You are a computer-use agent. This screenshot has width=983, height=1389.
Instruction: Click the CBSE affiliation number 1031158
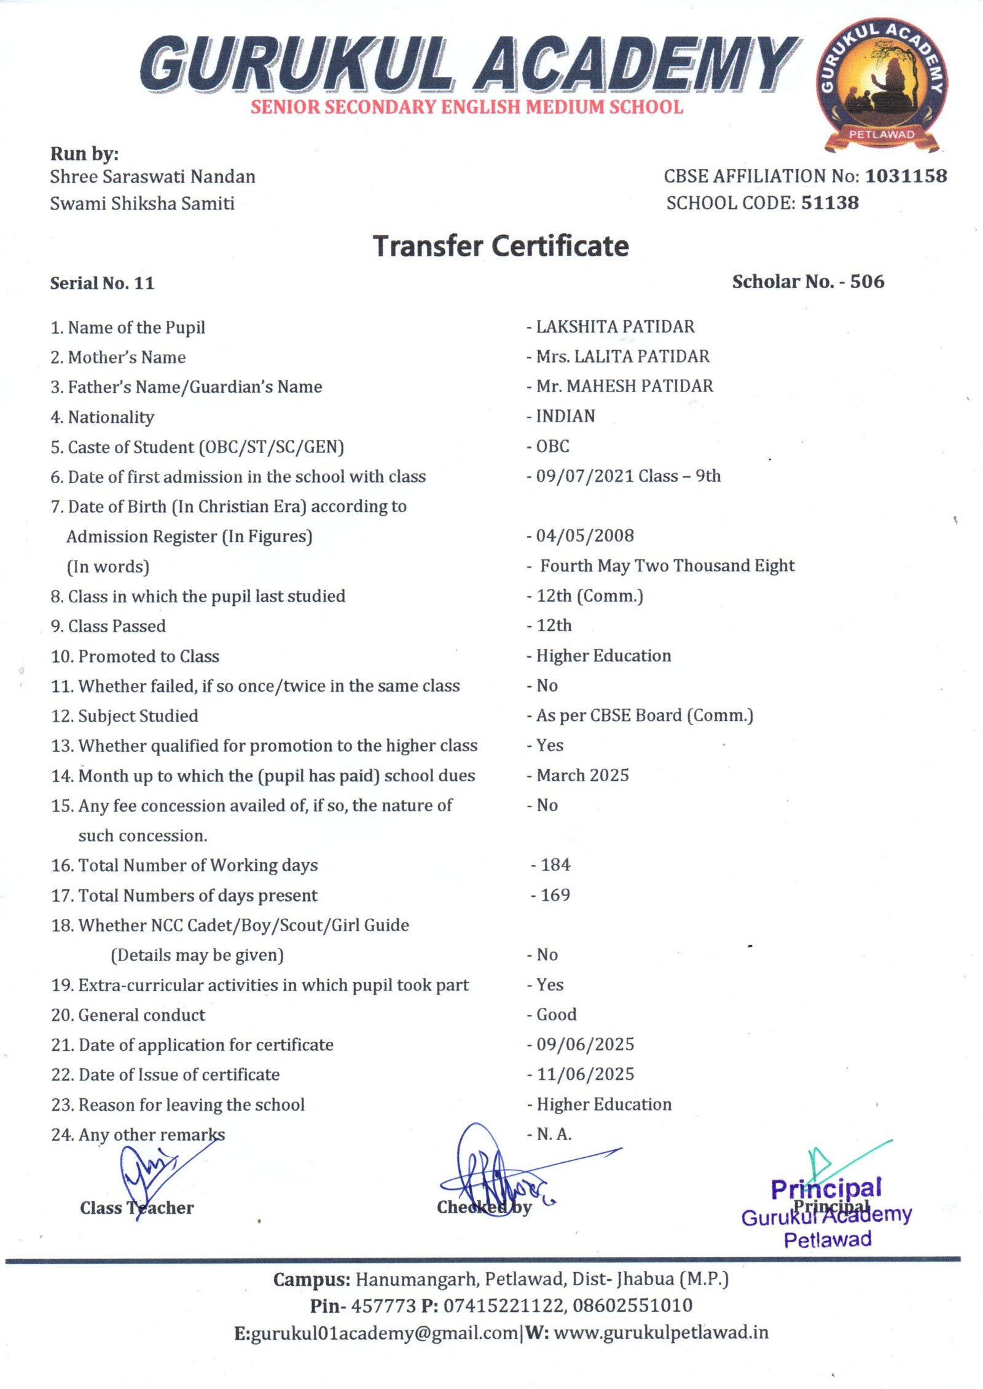[906, 176]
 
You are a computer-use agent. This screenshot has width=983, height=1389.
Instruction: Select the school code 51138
[829, 203]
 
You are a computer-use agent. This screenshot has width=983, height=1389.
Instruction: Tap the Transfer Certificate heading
[501, 246]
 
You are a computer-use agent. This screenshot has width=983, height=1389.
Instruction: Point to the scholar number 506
[867, 282]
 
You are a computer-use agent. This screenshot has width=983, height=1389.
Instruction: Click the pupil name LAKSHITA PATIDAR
[615, 327]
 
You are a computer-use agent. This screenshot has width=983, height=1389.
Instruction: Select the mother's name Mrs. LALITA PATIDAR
[622, 356]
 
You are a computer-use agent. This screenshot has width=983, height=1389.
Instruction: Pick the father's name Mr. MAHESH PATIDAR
[624, 387]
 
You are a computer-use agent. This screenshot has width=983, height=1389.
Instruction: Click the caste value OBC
[552, 446]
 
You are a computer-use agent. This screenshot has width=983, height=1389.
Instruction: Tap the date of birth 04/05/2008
[584, 536]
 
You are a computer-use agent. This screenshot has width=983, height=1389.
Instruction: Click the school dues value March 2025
[582, 776]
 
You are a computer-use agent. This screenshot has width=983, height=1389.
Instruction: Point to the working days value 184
[555, 865]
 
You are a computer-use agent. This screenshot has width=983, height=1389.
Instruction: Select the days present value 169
[555, 895]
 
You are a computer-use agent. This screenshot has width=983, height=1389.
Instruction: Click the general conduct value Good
[557, 1015]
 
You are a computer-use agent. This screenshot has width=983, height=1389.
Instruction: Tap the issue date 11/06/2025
[585, 1074]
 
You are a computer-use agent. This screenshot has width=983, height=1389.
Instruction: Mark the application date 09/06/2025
[585, 1045]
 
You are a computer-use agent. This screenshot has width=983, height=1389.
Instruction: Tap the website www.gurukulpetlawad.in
[660, 1333]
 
